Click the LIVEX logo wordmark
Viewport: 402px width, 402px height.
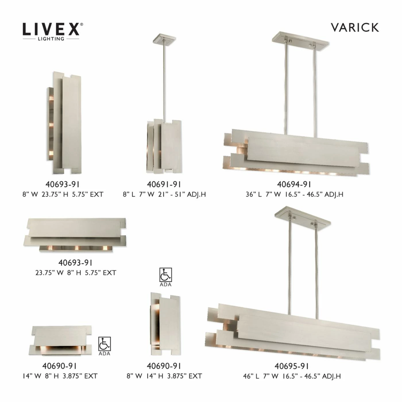click(x=51, y=29)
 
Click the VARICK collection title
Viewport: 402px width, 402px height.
click(x=355, y=28)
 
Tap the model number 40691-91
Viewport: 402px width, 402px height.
click(x=164, y=184)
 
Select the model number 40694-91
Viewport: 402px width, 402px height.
click(x=294, y=184)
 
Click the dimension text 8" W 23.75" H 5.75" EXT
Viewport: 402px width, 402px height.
click(x=63, y=194)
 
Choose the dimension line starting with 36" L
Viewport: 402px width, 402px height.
click(x=294, y=194)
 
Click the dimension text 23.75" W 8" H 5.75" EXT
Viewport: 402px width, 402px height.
click(x=76, y=273)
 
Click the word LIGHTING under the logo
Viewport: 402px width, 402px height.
click(x=51, y=39)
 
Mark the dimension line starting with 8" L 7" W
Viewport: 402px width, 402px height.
click(x=164, y=194)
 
